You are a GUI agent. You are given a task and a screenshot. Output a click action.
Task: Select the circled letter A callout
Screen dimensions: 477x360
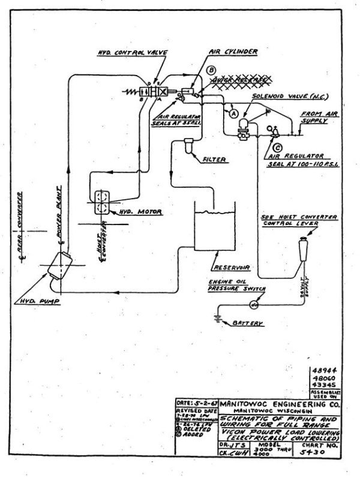click(233, 112)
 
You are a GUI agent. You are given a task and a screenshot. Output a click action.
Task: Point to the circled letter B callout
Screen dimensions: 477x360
click(211, 70)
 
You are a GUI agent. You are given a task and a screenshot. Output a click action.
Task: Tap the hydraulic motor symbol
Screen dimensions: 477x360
click(104, 201)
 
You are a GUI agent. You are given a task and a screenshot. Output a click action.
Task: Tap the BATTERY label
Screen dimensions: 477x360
click(247, 323)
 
